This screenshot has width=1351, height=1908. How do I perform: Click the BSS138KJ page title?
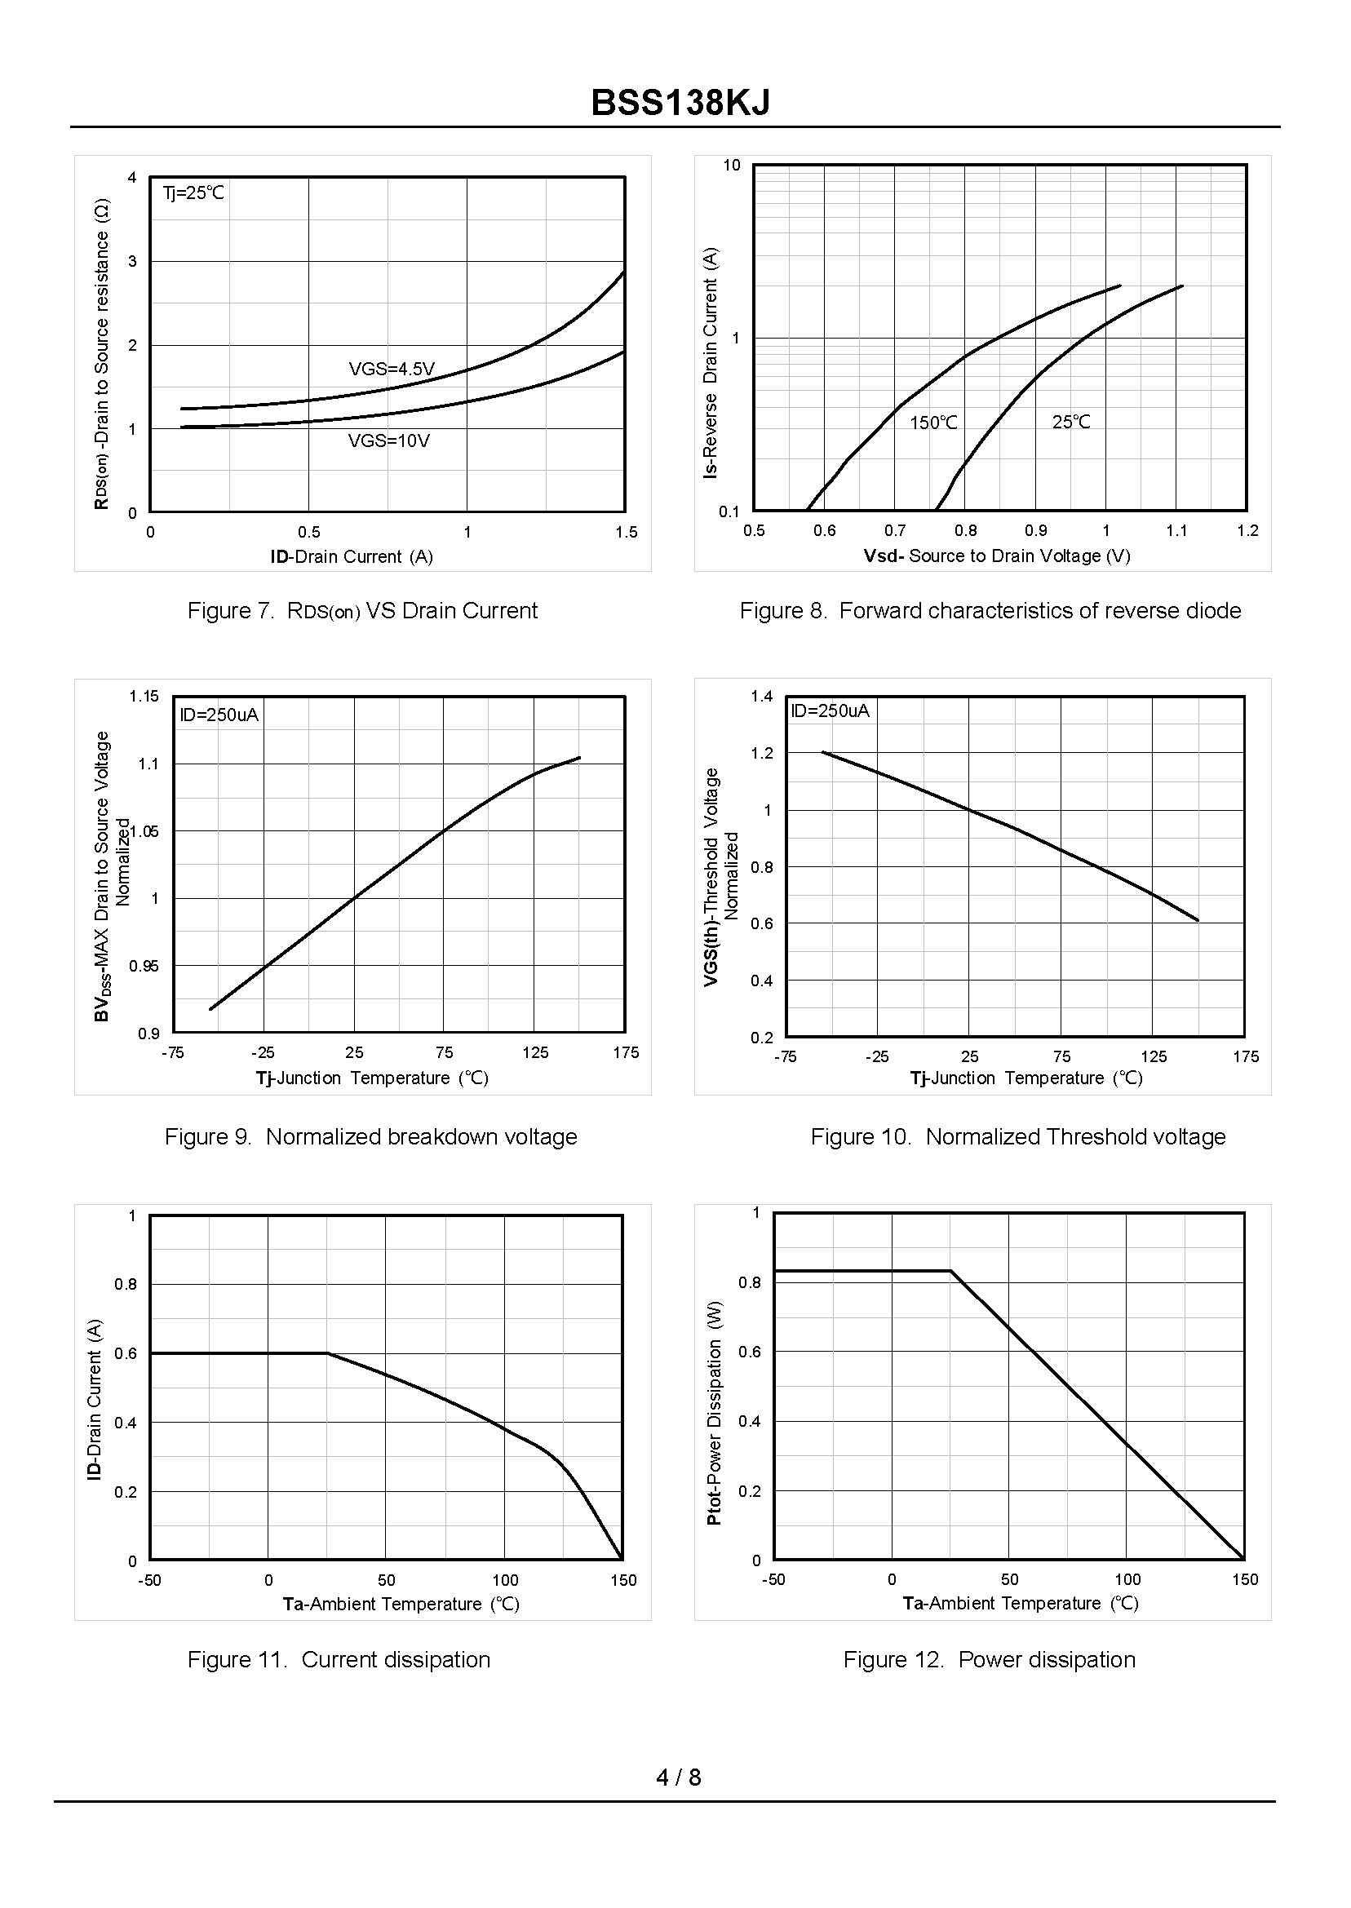click(680, 103)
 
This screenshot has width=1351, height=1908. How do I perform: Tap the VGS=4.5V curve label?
click(391, 369)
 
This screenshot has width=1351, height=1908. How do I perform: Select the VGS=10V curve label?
click(388, 440)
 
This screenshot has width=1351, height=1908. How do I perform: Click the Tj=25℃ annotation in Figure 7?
click(193, 193)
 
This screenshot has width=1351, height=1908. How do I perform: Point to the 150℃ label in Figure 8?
click(932, 423)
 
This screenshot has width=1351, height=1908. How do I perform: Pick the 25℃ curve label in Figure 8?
click(1070, 422)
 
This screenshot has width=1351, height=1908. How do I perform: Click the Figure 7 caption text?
click(362, 610)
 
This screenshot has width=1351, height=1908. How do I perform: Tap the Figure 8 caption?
click(990, 610)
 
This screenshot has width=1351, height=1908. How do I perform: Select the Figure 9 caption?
click(370, 1137)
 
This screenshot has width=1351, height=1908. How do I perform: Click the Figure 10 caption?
click(1018, 1137)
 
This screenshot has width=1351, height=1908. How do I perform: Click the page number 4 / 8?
click(678, 1777)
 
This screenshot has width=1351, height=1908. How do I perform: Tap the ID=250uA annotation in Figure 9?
click(219, 715)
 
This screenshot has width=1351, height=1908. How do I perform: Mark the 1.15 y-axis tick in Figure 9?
click(143, 696)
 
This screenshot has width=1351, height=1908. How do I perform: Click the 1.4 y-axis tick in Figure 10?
click(761, 696)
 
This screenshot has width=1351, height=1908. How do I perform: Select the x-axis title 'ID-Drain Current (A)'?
click(351, 556)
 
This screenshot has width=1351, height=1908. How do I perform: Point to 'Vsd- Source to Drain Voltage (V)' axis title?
click(997, 556)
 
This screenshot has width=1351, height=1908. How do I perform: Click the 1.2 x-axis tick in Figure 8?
click(1247, 531)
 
